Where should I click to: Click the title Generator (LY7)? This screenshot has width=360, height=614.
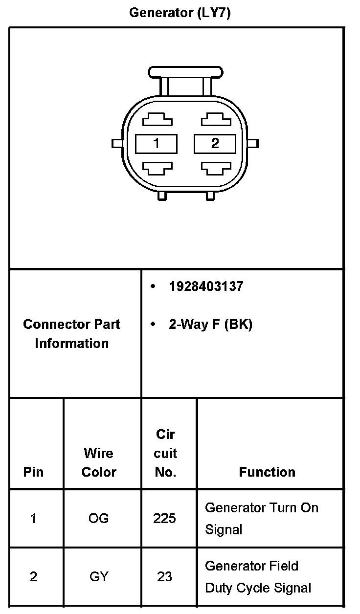pos(180,13)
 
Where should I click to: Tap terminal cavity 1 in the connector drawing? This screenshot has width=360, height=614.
pos(156,143)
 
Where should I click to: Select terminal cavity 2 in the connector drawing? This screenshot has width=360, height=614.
pos(215,143)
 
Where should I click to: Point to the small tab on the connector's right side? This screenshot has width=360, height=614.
pos(253,143)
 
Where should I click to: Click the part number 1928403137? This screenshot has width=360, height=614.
pos(205,286)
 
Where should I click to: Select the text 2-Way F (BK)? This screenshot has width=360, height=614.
pos(210,325)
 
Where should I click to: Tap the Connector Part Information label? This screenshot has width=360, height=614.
pos(71,333)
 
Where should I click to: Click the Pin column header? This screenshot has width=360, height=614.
pos(33,472)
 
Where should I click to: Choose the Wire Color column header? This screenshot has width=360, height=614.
pos(99,462)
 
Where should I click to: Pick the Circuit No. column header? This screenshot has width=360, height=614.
pos(165,453)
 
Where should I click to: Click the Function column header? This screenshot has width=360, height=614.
pos(267,472)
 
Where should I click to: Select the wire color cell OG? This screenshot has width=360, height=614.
pos(99,518)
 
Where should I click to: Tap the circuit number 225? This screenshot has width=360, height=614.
pos(164,518)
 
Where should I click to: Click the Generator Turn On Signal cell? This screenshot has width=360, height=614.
pos(261,518)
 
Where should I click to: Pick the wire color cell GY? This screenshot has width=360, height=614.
pos(99,577)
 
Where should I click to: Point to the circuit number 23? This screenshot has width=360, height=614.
pos(164,577)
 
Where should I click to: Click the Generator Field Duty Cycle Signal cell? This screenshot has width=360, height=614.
pos(258,577)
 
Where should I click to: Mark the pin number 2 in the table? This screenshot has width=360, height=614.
pos(33,577)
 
